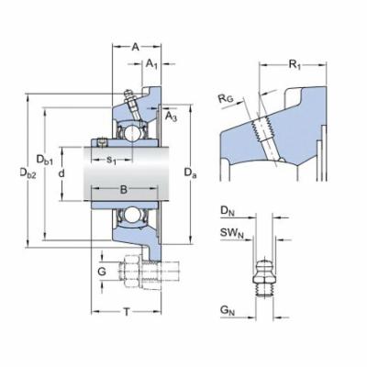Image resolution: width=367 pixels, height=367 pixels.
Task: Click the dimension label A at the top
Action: [135, 46]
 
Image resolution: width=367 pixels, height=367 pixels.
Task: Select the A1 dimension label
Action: [151, 65]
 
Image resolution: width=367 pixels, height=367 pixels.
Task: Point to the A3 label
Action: [172, 117]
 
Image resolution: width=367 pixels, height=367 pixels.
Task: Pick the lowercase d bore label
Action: [61, 172]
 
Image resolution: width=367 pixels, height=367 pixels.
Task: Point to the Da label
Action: [189, 172]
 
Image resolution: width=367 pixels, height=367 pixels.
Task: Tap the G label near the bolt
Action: [102, 272]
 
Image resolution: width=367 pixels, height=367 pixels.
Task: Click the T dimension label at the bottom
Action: [127, 313]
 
